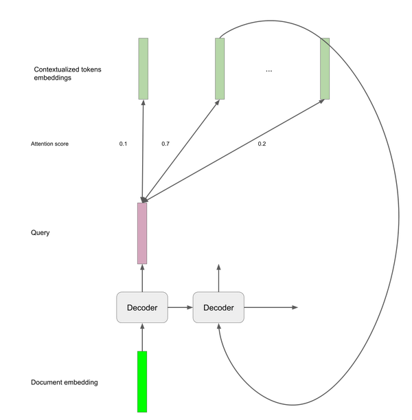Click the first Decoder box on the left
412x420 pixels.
pyautogui.click(x=142, y=307)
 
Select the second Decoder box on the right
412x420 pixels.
pyautogui.click(x=218, y=307)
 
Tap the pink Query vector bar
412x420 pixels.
pyautogui.click(x=142, y=233)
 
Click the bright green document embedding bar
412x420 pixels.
pyautogui.click(x=142, y=382)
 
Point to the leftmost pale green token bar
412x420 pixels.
pyautogui.click(x=143, y=69)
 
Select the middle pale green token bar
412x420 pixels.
pyautogui.click(x=220, y=69)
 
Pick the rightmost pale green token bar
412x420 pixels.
pyautogui.click(x=325, y=69)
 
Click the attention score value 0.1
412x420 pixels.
pyautogui.click(x=123, y=144)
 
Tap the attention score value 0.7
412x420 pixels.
pyautogui.click(x=165, y=144)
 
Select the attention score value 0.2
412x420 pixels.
pyautogui.click(x=262, y=144)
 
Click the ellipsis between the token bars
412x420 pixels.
pyautogui.click(x=269, y=71)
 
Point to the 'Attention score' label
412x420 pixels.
pyautogui.click(x=49, y=144)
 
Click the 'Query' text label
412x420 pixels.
pyautogui.click(x=40, y=232)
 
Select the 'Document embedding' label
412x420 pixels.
pyautogui.click(x=65, y=382)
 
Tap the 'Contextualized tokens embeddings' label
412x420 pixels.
pyautogui.click(x=67, y=74)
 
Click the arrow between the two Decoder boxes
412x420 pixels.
pyautogui.click(x=181, y=307)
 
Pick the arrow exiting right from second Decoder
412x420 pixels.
pyautogui.click(x=271, y=307)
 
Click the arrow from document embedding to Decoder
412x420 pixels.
pyautogui.click(x=142, y=338)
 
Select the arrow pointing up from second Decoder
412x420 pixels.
pyautogui.click(x=218, y=278)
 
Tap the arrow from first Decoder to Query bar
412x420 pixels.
pyautogui.click(x=142, y=278)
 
